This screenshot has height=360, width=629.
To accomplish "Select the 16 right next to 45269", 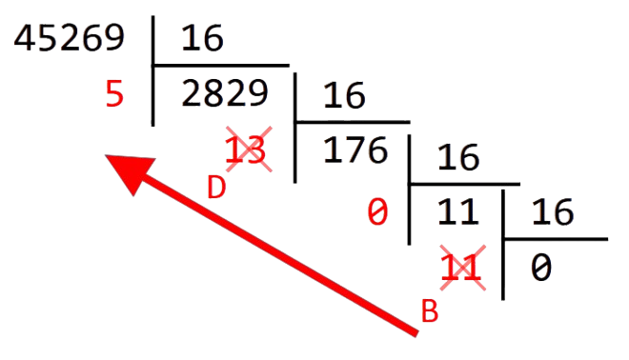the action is pos(201,39).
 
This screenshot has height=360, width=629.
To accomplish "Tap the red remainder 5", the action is pos(115,96).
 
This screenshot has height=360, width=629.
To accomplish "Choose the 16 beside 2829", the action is pos(345,96).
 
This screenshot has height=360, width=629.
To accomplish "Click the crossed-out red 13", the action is pos(243,150).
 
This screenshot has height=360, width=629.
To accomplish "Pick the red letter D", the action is pos(216,188).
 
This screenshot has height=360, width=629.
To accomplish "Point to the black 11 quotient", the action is pos(457,212).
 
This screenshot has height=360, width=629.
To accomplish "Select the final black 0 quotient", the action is pos(540,269).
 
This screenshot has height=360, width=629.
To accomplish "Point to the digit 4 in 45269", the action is pos(22,39).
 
